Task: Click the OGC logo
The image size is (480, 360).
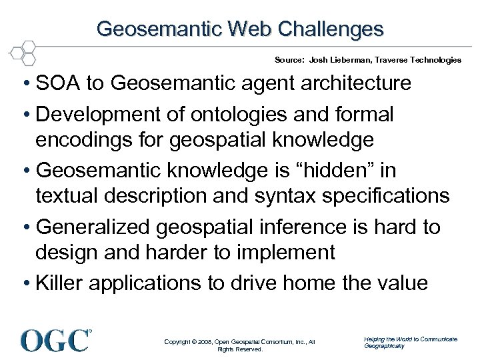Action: pyautogui.click(x=56, y=339)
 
